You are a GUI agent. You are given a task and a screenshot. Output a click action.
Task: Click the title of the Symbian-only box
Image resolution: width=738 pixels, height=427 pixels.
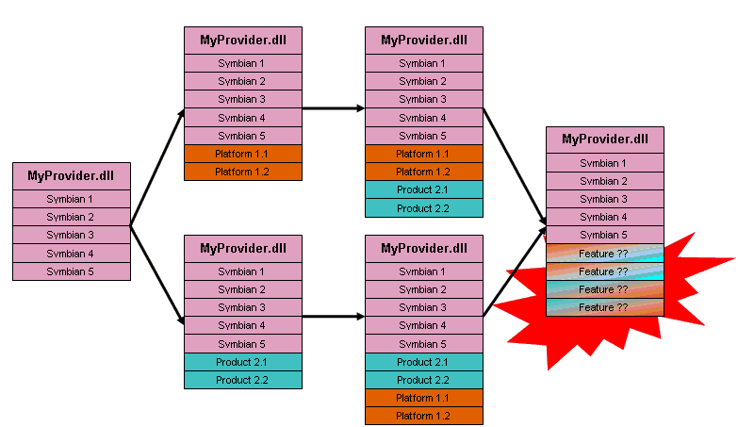[x=72, y=175]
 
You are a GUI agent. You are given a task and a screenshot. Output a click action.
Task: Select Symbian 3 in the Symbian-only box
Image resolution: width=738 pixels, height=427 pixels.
[x=72, y=235]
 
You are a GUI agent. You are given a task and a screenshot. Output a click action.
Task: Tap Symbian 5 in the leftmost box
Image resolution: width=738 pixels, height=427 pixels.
[x=72, y=271]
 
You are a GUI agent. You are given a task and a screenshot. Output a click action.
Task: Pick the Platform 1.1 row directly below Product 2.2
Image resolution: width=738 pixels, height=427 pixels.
[x=424, y=398]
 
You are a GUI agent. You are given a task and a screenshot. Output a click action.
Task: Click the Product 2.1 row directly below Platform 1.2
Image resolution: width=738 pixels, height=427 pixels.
[x=424, y=189]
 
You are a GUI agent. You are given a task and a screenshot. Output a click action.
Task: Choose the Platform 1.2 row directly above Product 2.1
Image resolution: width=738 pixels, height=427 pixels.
[x=424, y=172]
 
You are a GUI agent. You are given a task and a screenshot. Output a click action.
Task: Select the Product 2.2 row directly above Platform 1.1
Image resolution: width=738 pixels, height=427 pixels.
[x=424, y=380]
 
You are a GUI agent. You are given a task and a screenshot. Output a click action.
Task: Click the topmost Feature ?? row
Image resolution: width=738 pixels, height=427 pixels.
[x=604, y=253]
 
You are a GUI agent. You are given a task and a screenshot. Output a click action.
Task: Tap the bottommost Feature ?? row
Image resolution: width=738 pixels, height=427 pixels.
[x=604, y=307]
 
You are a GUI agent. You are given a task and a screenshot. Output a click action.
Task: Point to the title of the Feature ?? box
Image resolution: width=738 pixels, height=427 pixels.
[x=604, y=140]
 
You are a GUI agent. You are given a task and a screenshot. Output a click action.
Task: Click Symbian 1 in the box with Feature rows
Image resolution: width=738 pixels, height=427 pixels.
[x=604, y=163]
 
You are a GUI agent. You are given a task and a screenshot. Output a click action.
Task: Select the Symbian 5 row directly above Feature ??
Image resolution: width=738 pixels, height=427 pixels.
[x=604, y=235]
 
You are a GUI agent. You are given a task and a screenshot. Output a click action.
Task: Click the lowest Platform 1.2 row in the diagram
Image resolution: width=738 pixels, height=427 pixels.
[x=424, y=416]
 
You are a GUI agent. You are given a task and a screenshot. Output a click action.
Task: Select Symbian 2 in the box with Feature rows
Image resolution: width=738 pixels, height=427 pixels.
[x=604, y=181]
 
